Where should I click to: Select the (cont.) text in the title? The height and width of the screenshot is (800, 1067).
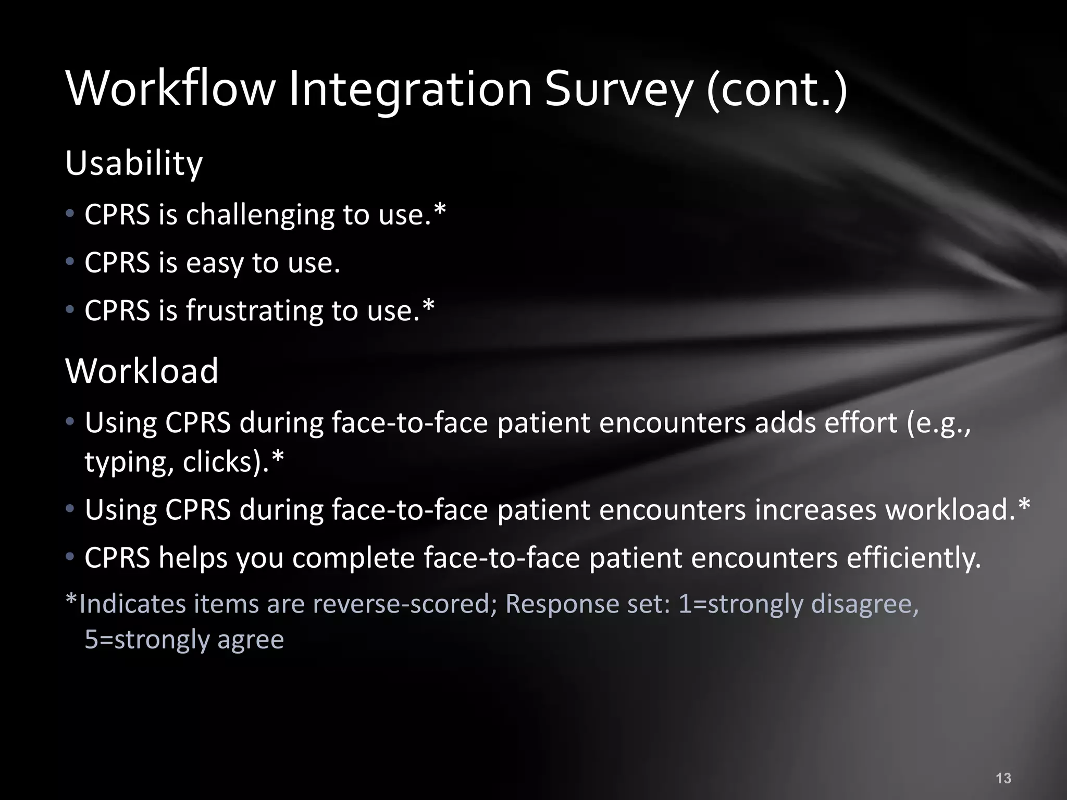[x=776, y=90]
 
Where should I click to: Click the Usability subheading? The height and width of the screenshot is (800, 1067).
[x=134, y=164]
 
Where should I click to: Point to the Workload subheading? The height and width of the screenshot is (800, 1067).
[x=142, y=371]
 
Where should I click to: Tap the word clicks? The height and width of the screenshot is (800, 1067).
[x=218, y=462]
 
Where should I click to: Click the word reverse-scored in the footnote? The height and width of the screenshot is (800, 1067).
[x=405, y=604]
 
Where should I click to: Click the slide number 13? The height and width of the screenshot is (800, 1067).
[x=1003, y=778]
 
